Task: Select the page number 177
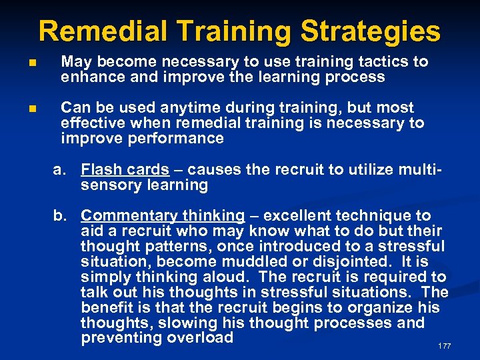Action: click(445, 346)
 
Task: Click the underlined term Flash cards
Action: click(125, 170)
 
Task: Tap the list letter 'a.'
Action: click(61, 170)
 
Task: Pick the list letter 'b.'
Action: click(61, 215)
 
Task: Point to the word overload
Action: click(200, 337)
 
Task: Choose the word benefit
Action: click(107, 307)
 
